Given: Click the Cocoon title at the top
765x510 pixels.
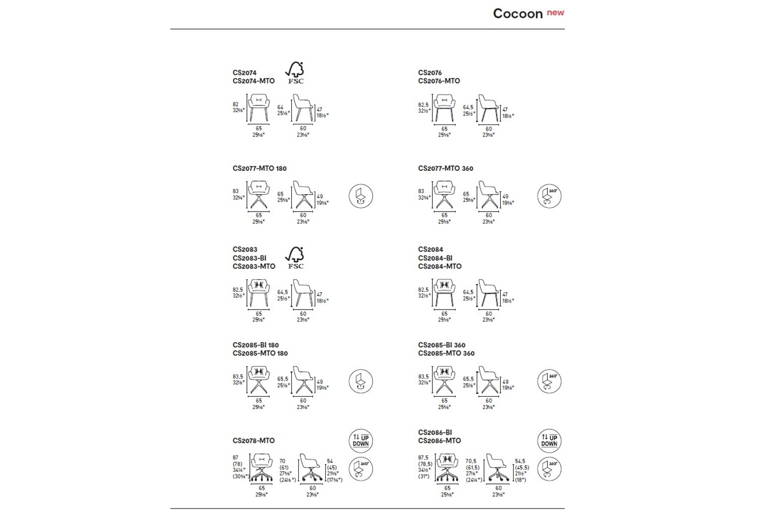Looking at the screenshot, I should (x=517, y=14).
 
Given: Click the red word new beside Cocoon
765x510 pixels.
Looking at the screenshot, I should (x=555, y=12).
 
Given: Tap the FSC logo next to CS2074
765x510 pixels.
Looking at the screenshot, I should (x=295, y=72).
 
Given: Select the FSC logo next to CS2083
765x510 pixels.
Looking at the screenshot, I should (x=295, y=258).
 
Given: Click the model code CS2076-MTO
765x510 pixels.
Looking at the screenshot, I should (x=439, y=81).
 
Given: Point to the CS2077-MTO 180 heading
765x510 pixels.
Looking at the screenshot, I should (x=260, y=168).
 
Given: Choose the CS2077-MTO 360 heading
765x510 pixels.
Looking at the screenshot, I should (x=445, y=168).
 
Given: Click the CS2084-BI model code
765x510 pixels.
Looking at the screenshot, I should (x=435, y=258).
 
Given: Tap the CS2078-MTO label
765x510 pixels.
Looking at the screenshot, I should (x=253, y=441).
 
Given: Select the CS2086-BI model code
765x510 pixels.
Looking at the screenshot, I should (x=435, y=432).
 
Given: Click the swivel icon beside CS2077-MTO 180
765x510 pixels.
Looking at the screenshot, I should (x=361, y=196).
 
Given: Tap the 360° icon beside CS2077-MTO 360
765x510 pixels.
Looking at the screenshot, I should (x=549, y=196).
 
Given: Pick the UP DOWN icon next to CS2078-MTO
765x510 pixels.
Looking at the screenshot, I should (x=361, y=441).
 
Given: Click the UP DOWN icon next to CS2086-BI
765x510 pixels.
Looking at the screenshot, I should (x=549, y=441).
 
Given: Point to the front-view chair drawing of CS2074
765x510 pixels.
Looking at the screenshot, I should (x=259, y=108).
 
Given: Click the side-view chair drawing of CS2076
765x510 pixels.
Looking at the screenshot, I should (x=489, y=108).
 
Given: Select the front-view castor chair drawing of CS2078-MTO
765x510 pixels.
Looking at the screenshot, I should (x=262, y=468).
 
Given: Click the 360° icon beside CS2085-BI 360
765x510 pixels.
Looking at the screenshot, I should (x=549, y=381).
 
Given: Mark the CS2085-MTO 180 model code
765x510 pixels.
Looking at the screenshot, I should (x=260, y=353).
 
